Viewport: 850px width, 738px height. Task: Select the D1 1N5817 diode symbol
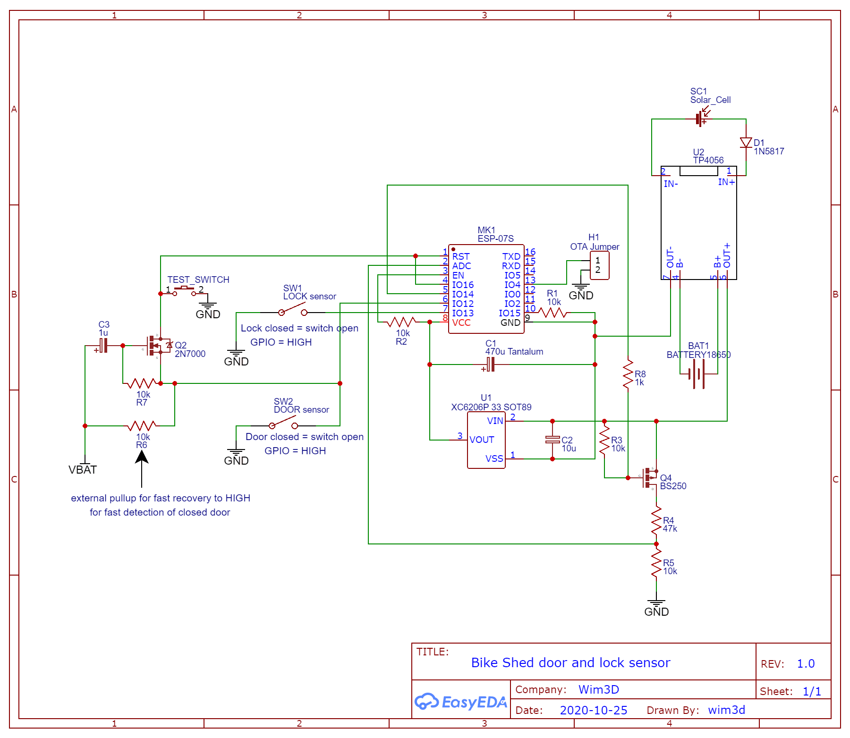746,142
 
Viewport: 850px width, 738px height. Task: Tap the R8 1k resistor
628,374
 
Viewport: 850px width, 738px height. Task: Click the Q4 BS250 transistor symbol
651,478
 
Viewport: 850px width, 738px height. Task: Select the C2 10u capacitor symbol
552,440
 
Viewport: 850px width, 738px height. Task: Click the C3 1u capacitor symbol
103,346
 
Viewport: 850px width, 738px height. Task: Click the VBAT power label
83,470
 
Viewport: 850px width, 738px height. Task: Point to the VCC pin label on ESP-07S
461,322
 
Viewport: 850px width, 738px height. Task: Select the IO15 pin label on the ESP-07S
510,313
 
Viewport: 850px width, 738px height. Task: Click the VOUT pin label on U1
482,440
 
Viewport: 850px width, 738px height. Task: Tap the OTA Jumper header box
600,265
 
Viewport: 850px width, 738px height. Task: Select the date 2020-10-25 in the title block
594,710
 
